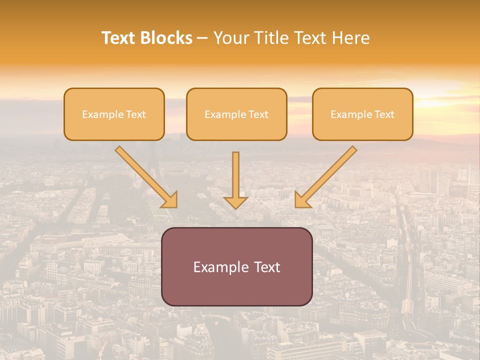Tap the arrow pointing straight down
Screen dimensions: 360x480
tap(235, 177)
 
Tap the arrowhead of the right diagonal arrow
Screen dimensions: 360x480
tap(301, 200)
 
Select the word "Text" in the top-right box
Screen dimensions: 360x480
tap(384, 114)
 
